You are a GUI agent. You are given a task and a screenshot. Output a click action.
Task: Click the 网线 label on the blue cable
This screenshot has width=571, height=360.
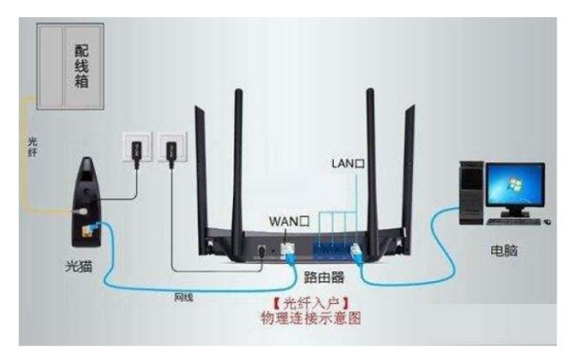point(184,298)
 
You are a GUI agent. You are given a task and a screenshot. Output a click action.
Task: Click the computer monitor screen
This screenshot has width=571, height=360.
point(514,184)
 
